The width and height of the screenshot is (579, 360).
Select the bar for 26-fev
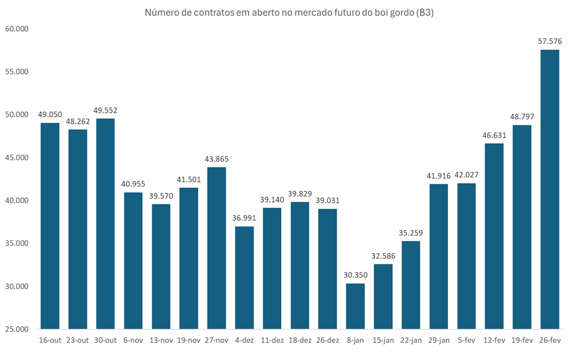pyautogui.click(x=549, y=189)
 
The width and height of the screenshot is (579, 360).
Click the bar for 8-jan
pyautogui.click(x=355, y=306)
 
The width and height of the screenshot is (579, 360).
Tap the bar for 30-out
pyautogui.click(x=105, y=223)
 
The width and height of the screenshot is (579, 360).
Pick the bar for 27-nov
pyautogui.click(x=216, y=248)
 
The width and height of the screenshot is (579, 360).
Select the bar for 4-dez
pyautogui.click(x=244, y=278)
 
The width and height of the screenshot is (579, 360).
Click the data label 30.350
pyautogui.click(x=355, y=275)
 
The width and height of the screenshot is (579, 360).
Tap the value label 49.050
pyautogui.click(x=50, y=114)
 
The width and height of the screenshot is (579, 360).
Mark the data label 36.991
pyautogui.click(x=244, y=218)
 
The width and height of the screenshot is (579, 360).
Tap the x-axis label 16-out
pyautogui.click(x=50, y=341)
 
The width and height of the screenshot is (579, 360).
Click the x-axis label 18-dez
pyautogui.click(x=300, y=341)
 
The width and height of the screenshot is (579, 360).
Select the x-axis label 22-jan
pyautogui.click(x=411, y=341)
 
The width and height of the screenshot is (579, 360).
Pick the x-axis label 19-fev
pyautogui.click(x=522, y=341)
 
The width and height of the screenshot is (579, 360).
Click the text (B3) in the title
pyautogui.click(x=423, y=13)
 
